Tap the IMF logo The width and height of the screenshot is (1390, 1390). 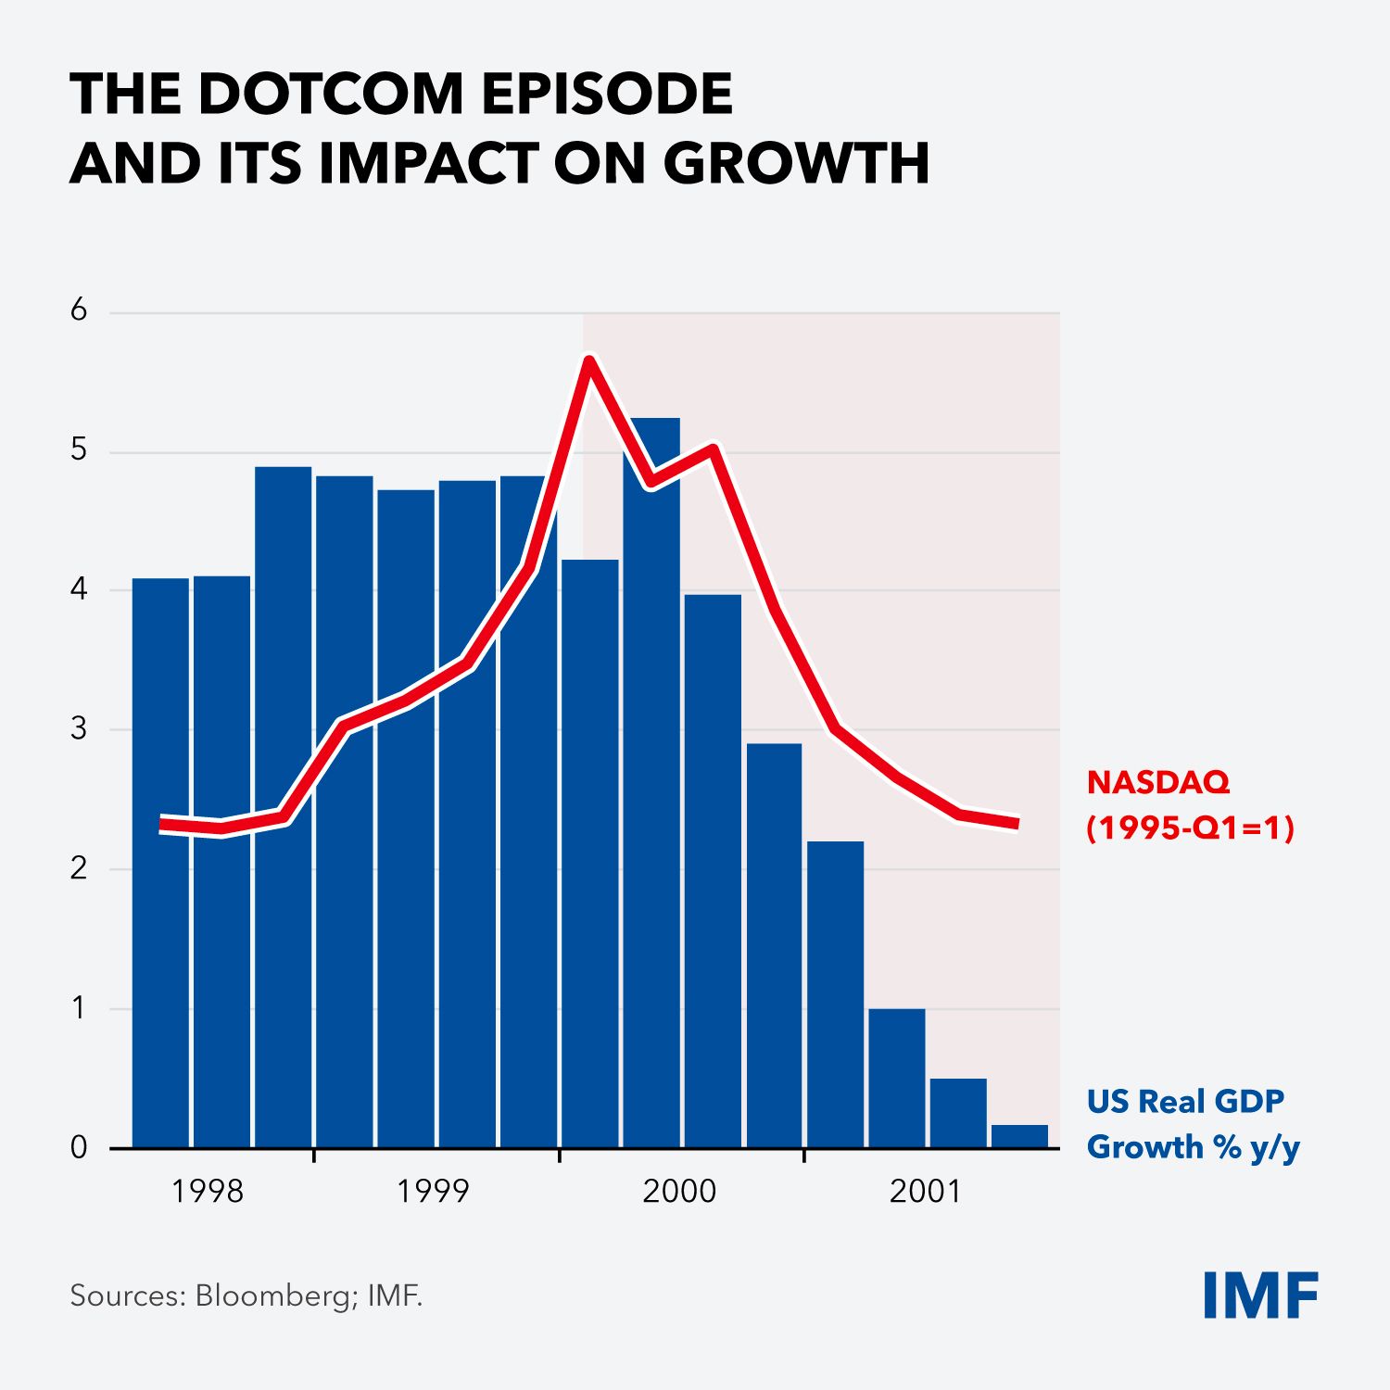[x=1260, y=1295]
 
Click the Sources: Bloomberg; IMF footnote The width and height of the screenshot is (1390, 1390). [x=246, y=1295]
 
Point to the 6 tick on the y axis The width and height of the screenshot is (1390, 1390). [x=79, y=310]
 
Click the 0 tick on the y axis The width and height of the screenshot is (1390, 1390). [x=79, y=1148]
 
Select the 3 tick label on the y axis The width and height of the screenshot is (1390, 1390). [x=79, y=729]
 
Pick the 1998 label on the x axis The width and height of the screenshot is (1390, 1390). [x=208, y=1192]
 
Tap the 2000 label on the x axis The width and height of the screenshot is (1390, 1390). [x=679, y=1192]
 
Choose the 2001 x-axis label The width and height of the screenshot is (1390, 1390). [x=925, y=1192]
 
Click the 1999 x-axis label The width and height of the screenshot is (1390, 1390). [x=433, y=1192]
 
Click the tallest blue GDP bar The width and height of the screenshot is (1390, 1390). [x=651, y=788]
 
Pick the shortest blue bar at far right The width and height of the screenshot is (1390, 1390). [x=1019, y=1137]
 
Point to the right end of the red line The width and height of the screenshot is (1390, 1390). [x=1017, y=823]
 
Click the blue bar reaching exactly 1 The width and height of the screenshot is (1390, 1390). [x=897, y=1080]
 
